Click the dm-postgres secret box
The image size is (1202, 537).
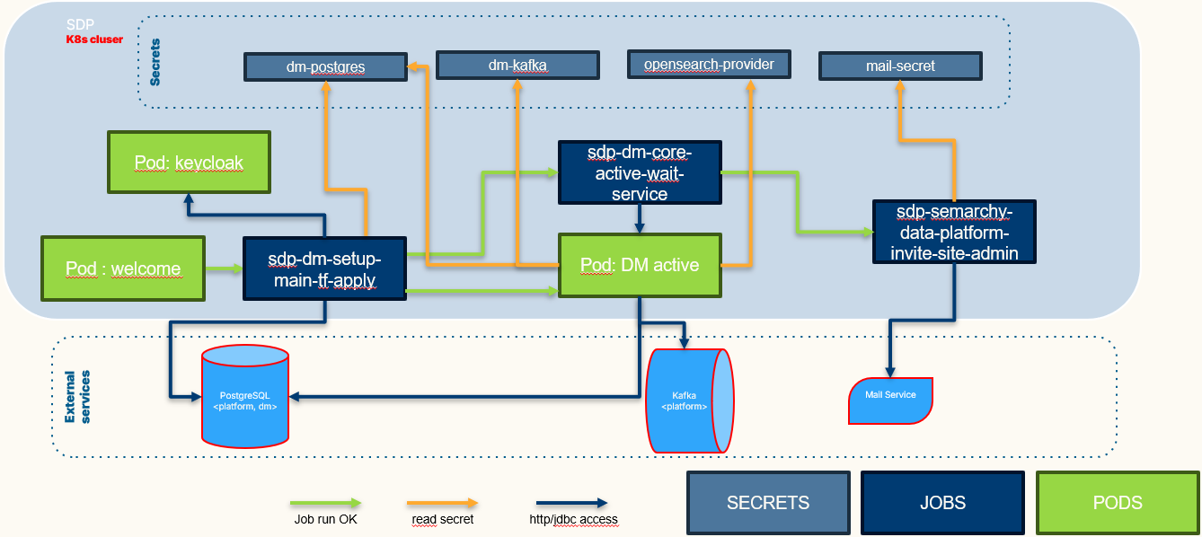pyautogui.click(x=326, y=67)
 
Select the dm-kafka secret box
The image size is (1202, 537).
pyautogui.click(x=517, y=66)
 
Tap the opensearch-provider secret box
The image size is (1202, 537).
pyautogui.click(x=709, y=65)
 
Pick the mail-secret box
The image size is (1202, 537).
pyautogui.click(x=900, y=66)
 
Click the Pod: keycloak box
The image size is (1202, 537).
pyautogui.click(x=189, y=162)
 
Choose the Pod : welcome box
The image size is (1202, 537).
pyautogui.click(x=123, y=268)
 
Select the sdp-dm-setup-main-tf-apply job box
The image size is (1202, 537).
pyautogui.click(x=324, y=268)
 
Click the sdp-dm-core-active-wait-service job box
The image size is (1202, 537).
pyautogui.click(x=640, y=172)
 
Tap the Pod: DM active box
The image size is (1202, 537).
pyautogui.click(x=640, y=265)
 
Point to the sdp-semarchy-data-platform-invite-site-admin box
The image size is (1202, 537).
pyautogui.click(x=954, y=232)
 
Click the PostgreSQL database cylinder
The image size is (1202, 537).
pyautogui.click(x=245, y=396)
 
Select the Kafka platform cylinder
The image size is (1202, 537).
pyautogui.click(x=690, y=401)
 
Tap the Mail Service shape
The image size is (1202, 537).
pyautogui.click(x=891, y=401)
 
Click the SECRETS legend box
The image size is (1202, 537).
pyautogui.click(x=768, y=503)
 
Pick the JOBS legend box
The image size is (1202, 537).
pyautogui.click(x=942, y=503)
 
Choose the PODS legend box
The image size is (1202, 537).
pyautogui.click(x=1118, y=503)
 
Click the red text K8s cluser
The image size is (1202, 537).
pyautogui.click(x=94, y=40)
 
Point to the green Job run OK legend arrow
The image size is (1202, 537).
pyautogui.click(x=326, y=503)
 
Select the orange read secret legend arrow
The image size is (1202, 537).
pyautogui.click(x=442, y=503)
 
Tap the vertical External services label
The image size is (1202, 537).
pyautogui.click(x=77, y=397)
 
